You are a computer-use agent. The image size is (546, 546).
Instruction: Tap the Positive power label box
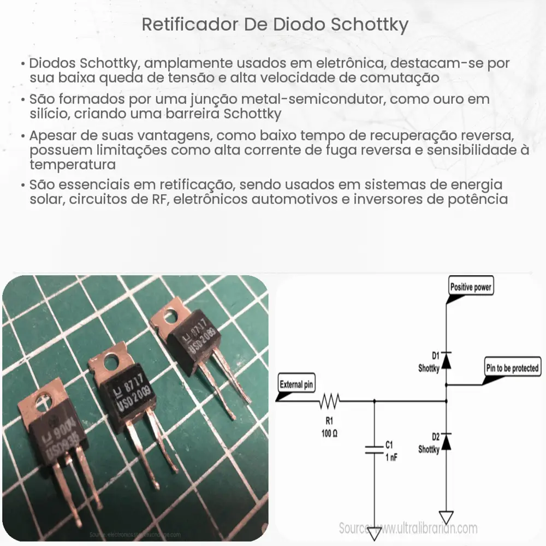(x=471, y=287)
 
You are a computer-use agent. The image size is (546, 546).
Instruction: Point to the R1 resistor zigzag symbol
(x=329, y=403)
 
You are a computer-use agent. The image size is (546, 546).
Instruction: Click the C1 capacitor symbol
(x=374, y=449)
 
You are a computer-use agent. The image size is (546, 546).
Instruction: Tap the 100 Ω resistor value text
(x=329, y=431)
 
